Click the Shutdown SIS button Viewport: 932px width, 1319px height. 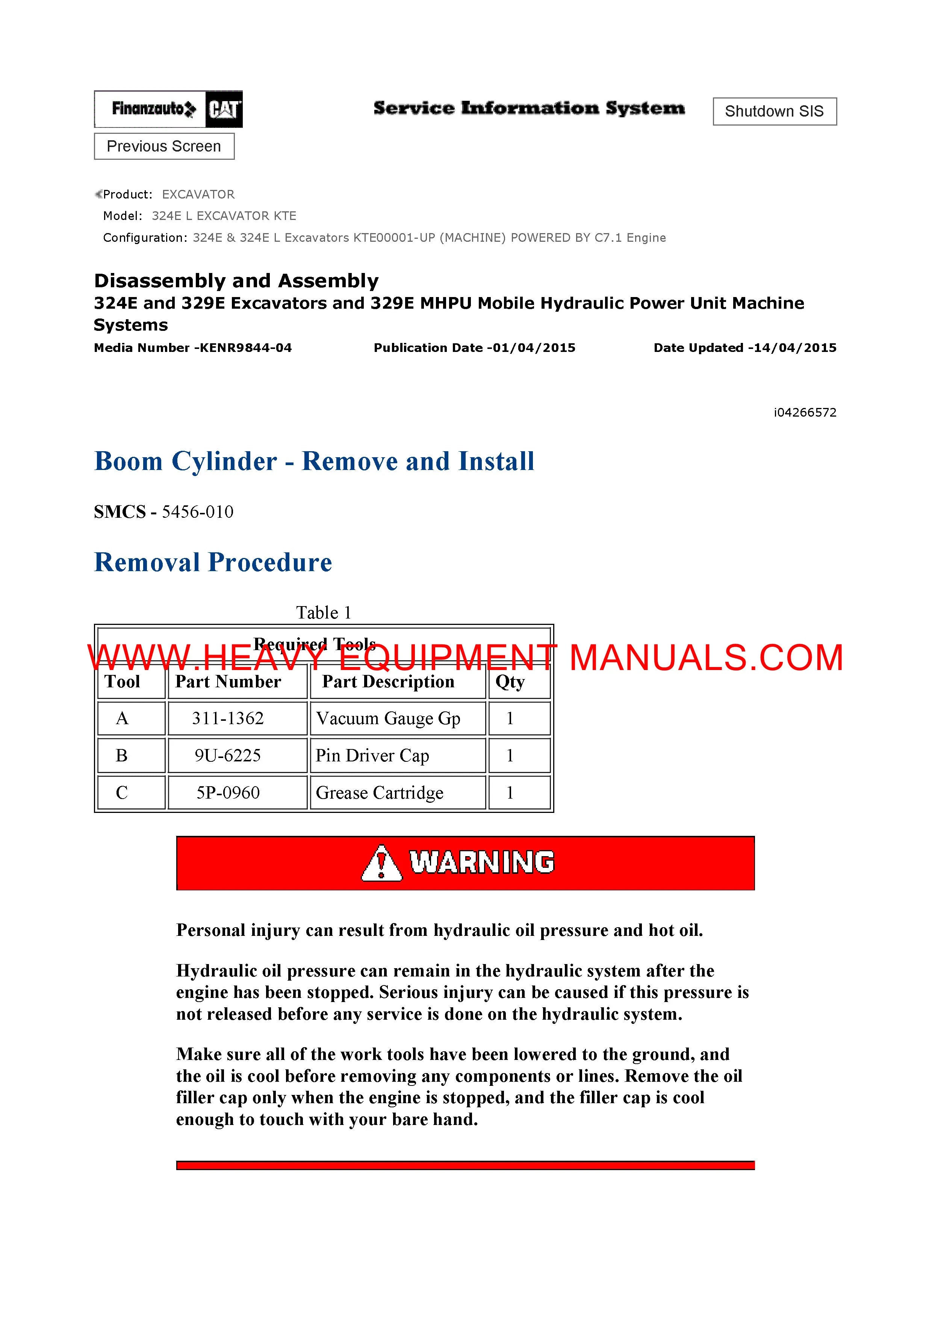click(x=774, y=111)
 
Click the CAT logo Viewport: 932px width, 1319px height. click(x=224, y=109)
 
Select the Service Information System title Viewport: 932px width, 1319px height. click(x=529, y=108)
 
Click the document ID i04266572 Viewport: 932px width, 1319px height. click(x=805, y=412)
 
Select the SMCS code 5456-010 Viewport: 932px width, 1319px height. click(x=198, y=512)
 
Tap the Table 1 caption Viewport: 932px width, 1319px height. click(x=323, y=613)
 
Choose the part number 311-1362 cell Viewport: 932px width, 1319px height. click(x=228, y=718)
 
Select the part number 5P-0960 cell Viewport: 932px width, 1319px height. click(x=228, y=793)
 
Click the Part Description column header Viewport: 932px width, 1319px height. click(x=388, y=682)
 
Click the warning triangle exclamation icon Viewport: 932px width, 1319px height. click(x=381, y=863)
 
